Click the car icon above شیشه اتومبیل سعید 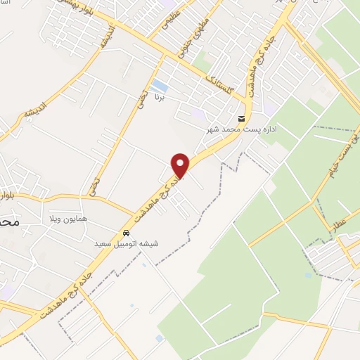[126, 233]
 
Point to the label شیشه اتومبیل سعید [127, 243]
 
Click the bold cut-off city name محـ [8, 220]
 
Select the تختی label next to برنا [142, 98]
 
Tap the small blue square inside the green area [309, 275]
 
